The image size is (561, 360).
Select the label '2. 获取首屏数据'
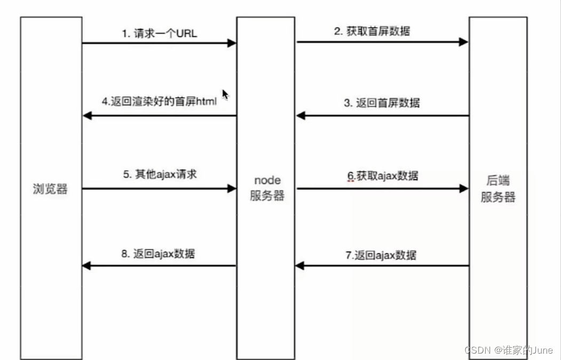(372, 31)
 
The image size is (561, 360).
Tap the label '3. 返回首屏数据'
(381, 103)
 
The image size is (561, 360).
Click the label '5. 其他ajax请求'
(160, 174)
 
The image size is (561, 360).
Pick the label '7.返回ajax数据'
(380, 255)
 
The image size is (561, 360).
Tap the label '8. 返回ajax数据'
(158, 253)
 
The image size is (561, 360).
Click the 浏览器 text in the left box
(51, 189)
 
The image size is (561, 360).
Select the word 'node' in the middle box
(266, 181)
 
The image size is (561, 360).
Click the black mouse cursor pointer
(225, 94)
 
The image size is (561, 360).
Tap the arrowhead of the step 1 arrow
(232, 43)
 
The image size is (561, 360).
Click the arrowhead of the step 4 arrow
(87, 116)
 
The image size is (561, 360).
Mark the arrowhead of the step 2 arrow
(464, 42)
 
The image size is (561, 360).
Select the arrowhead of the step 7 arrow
(301, 266)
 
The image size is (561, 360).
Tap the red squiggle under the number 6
(351, 181)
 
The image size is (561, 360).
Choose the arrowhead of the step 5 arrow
(232, 188)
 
